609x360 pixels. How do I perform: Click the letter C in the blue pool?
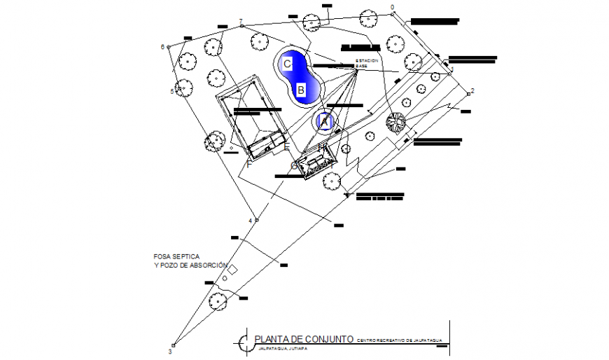point(287,64)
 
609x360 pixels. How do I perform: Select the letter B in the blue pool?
point(300,90)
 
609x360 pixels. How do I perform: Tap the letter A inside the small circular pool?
point(324,121)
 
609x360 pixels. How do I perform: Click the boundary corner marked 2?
point(468,94)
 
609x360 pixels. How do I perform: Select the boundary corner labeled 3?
point(174,345)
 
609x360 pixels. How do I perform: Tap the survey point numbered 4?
point(256,220)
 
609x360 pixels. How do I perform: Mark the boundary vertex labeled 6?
point(168,47)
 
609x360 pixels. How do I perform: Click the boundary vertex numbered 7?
point(241,25)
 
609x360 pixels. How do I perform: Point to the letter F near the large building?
point(248,164)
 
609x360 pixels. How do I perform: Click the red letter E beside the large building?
point(286,146)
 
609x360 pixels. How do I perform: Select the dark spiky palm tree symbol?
point(395,123)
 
